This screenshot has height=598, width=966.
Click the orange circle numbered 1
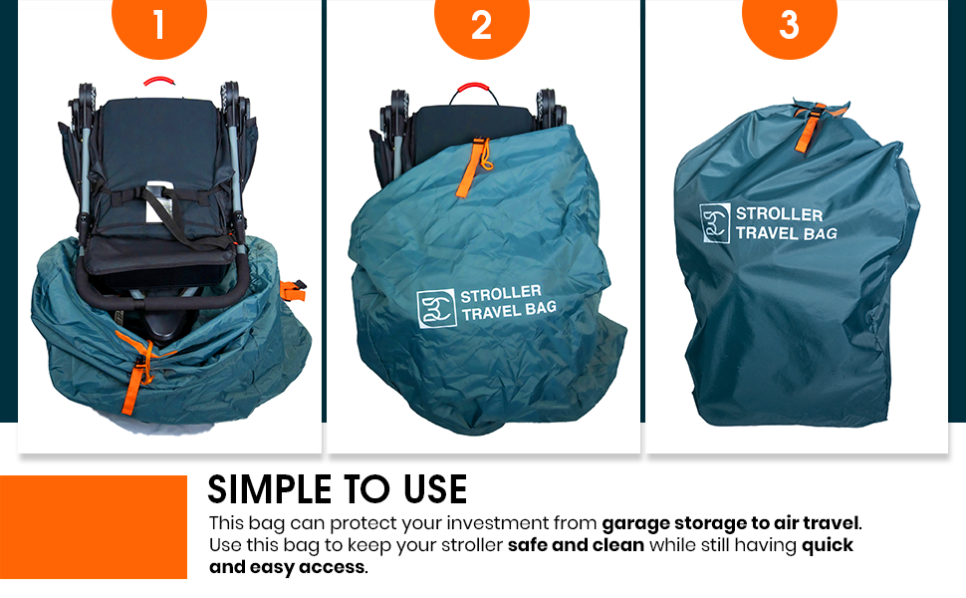(159, 24)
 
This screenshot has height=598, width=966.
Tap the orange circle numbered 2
(482, 24)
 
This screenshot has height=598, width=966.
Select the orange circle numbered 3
(789, 24)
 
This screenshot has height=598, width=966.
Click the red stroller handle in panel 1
(159, 80)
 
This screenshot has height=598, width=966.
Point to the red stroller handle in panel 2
(473, 88)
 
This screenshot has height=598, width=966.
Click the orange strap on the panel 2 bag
(472, 167)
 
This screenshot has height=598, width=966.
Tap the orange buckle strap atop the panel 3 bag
(812, 127)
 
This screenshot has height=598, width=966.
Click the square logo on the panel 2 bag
(436, 308)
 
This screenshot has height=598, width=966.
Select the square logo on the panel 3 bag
(715, 222)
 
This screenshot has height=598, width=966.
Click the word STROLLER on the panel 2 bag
(501, 293)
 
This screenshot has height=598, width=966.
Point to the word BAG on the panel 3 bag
(820, 233)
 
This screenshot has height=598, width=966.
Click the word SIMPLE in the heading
(269, 489)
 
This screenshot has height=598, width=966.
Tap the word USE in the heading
(435, 489)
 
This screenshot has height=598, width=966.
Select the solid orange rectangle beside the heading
(94, 527)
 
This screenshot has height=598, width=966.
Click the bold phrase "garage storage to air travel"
(730, 523)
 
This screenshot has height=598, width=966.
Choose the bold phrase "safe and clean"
(576, 545)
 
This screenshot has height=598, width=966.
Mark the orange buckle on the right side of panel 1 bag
(293, 290)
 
